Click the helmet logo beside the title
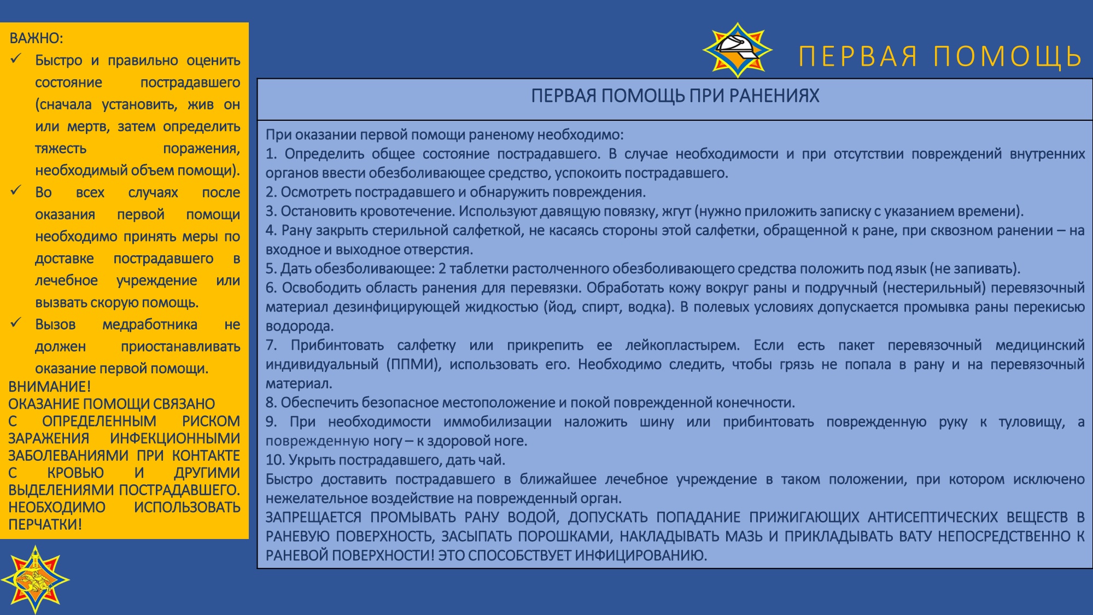tap(737, 50)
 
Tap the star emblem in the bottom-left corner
tap(35, 579)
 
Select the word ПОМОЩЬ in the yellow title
tap(1008, 56)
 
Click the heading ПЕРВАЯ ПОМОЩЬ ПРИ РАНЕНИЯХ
tap(675, 96)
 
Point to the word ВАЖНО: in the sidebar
tap(36, 38)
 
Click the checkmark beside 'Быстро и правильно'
tap(16, 58)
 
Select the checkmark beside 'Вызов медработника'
tap(16, 323)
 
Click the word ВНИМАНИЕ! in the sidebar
tap(50, 386)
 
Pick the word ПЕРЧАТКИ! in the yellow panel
tap(45, 524)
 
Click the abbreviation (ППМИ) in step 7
tap(414, 365)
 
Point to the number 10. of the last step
tap(275, 460)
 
